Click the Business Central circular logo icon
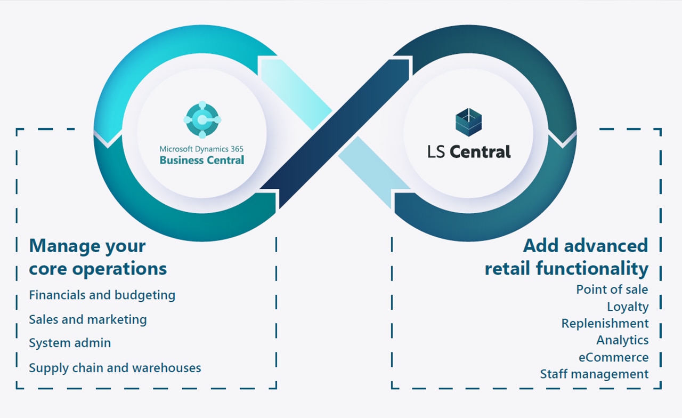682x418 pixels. (x=202, y=119)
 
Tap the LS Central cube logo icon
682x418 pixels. (x=469, y=122)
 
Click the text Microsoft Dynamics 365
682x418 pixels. (x=201, y=149)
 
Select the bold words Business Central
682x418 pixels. (x=202, y=160)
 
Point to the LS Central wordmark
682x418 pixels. (x=469, y=152)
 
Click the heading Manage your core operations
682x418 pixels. (x=98, y=257)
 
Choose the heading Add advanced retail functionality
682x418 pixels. (x=566, y=256)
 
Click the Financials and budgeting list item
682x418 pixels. (x=102, y=295)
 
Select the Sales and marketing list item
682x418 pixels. (x=87, y=319)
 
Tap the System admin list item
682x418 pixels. (x=70, y=343)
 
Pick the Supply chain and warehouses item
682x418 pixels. (x=115, y=367)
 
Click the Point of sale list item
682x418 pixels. (x=612, y=290)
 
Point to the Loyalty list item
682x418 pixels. (x=628, y=307)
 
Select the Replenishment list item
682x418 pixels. (x=605, y=324)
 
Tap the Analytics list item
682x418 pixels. (x=622, y=340)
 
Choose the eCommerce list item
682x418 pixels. (x=613, y=357)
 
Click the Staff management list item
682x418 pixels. (x=594, y=374)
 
